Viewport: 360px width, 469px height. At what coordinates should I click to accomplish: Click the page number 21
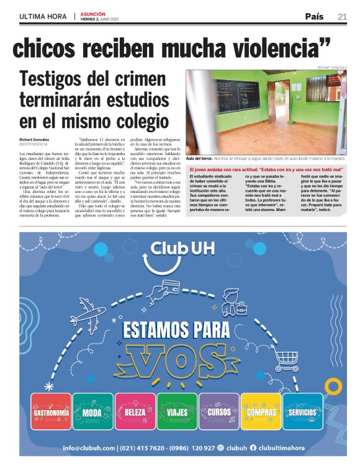[342, 16]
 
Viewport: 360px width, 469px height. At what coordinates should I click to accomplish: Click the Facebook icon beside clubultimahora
[253, 448]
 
